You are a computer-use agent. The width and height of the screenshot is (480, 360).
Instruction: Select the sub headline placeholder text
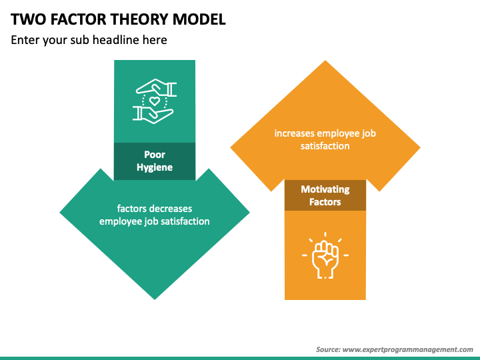pyautogui.click(x=89, y=40)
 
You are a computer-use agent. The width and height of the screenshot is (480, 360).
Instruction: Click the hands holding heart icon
pyautogui.click(x=155, y=101)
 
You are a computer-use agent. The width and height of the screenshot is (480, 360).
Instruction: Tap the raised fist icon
pyautogui.click(x=325, y=255)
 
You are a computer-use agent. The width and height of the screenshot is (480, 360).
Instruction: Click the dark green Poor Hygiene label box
pyautogui.click(x=155, y=161)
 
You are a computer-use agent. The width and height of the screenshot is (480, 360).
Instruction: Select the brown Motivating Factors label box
pyautogui.click(x=325, y=195)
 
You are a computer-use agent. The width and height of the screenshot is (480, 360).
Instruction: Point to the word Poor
pyautogui.click(x=155, y=155)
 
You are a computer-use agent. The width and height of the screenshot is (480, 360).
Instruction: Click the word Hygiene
pyautogui.click(x=155, y=167)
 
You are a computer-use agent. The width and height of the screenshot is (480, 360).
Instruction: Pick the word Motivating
pyautogui.click(x=325, y=189)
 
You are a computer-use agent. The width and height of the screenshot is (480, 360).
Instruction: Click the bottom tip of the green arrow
pyautogui.click(x=155, y=298)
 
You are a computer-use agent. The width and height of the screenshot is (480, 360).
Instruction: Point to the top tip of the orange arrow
pyautogui.click(x=325, y=62)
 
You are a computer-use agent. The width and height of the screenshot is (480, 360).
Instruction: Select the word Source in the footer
pyautogui.click(x=329, y=349)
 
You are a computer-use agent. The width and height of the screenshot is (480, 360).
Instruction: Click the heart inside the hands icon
pyautogui.click(x=155, y=102)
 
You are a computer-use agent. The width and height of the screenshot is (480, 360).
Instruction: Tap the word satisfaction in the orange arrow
pyautogui.click(x=325, y=145)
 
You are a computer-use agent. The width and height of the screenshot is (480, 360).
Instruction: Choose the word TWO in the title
pyautogui.click(x=25, y=19)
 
